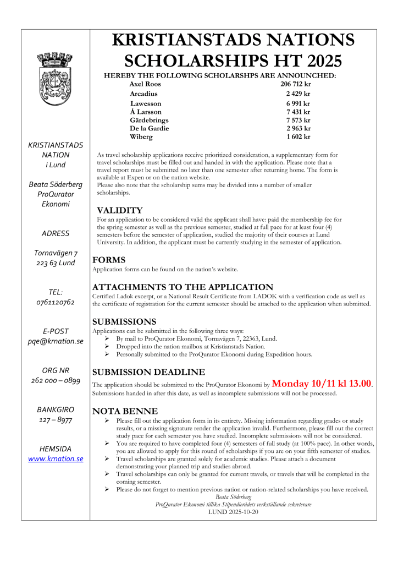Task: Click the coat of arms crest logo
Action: point(56,77)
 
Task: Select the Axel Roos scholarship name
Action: point(145,84)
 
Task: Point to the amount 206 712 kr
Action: point(295,84)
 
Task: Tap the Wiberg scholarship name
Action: point(141,136)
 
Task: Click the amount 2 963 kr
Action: point(298,128)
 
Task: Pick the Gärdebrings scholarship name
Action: point(149,120)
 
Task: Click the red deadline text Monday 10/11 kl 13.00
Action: point(322,383)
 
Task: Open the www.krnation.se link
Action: point(56,458)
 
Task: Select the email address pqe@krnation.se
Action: point(56,341)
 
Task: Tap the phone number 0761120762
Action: point(56,302)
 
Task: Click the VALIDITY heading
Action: point(119,210)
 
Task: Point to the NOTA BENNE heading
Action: point(125,411)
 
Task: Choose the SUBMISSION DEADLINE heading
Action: point(148,372)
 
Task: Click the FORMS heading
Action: point(109,260)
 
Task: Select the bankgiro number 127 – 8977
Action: point(56,420)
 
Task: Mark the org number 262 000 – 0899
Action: point(56,380)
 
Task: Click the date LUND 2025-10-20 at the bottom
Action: point(233,511)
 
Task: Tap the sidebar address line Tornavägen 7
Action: point(56,253)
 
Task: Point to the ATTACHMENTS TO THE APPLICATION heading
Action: point(183,287)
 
